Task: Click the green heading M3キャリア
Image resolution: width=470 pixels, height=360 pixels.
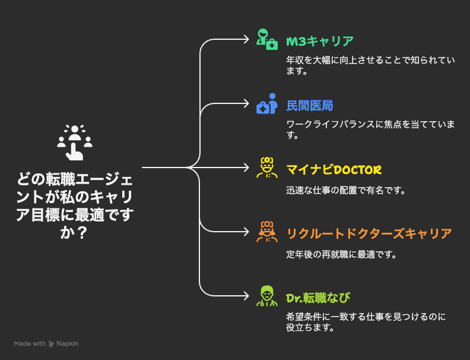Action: (320, 42)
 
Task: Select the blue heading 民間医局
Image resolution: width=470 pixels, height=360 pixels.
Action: (310, 106)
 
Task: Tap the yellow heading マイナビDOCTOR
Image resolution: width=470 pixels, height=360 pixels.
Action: (334, 170)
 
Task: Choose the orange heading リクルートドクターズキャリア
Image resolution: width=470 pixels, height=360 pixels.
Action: (369, 234)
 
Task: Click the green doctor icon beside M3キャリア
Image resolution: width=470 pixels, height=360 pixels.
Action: (266, 39)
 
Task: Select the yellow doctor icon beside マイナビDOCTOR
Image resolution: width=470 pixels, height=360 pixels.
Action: (266, 168)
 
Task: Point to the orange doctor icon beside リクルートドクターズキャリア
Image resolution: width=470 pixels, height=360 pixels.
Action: (266, 232)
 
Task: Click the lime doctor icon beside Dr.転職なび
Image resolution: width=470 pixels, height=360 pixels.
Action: (266, 296)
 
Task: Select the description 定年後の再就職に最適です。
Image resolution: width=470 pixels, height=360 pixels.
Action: (341, 255)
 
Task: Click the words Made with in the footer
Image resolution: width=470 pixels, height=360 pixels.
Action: (30, 343)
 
